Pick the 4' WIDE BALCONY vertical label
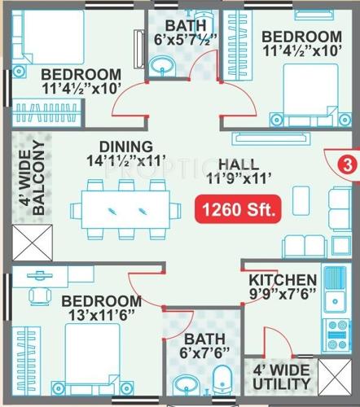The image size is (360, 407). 37,181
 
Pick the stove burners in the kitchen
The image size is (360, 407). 333,333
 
